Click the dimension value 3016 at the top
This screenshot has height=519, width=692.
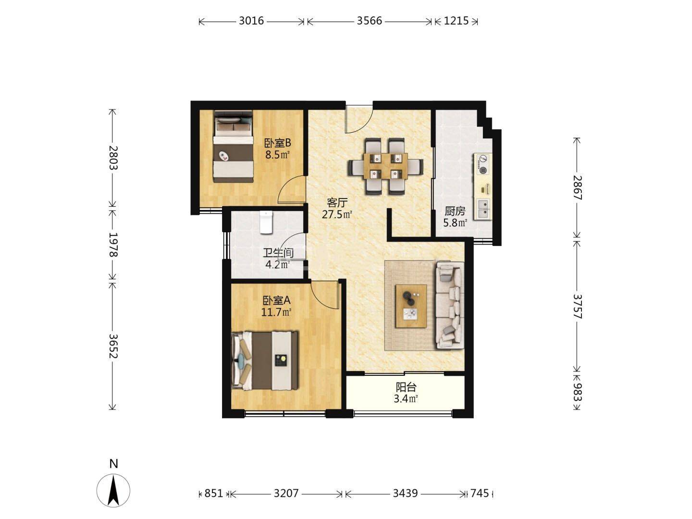pyautogui.click(x=251, y=21)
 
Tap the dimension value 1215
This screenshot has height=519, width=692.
pyautogui.click(x=456, y=21)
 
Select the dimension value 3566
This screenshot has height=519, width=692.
pyautogui.click(x=369, y=21)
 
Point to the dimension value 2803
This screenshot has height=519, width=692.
pyautogui.click(x=113, y=158)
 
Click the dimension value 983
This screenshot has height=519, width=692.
pyautogui.click(x=577, y=391)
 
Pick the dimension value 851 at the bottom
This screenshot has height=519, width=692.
pyautogui.click(x=213, y=493)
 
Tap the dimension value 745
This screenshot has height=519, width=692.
pyautogui.click(x=479, y=493)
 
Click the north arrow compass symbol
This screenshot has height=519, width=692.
pyautogui.click(x=113, y=490)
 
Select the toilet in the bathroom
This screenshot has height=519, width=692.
pyautogui.click(x=266, y=222)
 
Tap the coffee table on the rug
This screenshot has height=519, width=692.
pyautogui.click(x=411, y=306)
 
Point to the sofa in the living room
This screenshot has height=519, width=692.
pyautogui.click(x=450, y=305)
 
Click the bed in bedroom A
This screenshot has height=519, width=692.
pyautogui.click(x=265, y=360)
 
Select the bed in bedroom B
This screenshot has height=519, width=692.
pyautogui.click(x=233, y=146)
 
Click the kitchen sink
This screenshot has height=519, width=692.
pyautogui.click(x=483, y=209)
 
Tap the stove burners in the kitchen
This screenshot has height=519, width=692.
pyautogui.click(x=482, y=164)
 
